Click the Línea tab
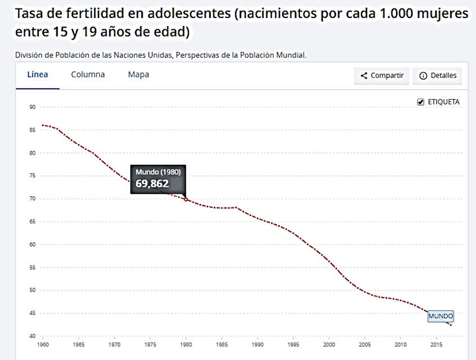(38, 74)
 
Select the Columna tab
(88, 74)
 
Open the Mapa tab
(139, 74)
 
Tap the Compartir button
(382, 76)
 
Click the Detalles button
(438, 76)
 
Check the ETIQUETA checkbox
(420, 102)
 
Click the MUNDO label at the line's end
(440, 317)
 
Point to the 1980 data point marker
(186, 200)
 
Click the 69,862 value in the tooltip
(152, 183)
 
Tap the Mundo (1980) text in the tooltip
(158, 172)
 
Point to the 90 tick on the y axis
(32, 107)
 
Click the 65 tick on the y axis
(32, 222)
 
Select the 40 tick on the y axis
(32, 336)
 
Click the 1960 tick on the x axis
(43, 344)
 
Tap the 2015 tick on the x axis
(437, 344)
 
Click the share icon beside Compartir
(364, 76)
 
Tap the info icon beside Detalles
(423, 76)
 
